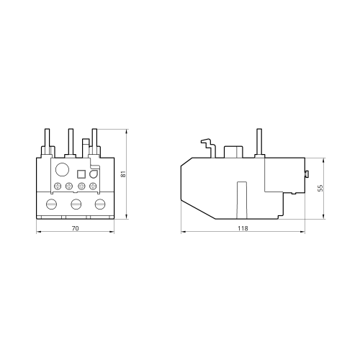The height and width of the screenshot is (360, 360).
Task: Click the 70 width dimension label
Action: pyautogui.click(x=76, y=228)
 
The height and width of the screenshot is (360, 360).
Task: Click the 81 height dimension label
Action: pyautogui.click(x=123, y=174)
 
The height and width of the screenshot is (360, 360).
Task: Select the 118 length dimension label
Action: pyautogui.click(x=243, y=228)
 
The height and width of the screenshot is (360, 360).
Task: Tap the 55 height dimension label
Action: pyautogui.click(x=320, y=188)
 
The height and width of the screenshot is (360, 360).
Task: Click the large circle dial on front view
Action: pyautogui.click(x=63, y=169)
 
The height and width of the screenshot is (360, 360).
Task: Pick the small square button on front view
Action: pyautogui.click(x=81, y=174)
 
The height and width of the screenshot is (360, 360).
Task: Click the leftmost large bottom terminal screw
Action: pyautogui.click(x=51, y=204)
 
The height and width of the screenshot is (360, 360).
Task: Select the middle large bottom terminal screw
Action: pyautogui.click(x=76, y=204)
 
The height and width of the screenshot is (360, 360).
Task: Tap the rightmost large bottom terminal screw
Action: pyautogui.click(x=100, y=204)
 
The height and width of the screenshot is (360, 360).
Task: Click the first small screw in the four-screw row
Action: pyautogui.click(x=58, y=186)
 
